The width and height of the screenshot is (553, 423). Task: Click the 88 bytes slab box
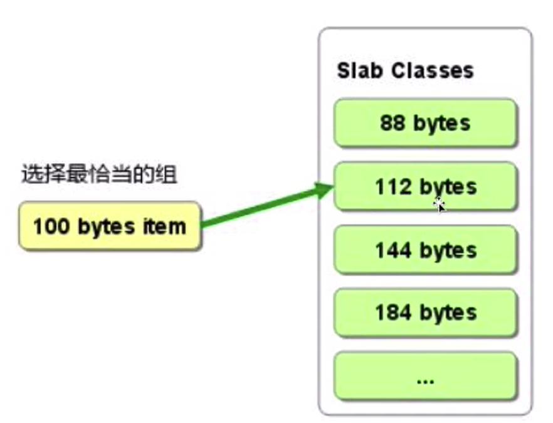point(425,123)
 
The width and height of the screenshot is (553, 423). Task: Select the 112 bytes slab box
point(425,186)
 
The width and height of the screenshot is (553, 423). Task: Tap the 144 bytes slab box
point(425,250)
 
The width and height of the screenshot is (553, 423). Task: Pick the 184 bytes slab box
point(425,312)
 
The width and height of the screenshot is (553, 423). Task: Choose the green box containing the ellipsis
point(425,377)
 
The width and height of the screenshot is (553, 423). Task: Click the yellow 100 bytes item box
point(109,226)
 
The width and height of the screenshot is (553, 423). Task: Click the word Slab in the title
point(359,70)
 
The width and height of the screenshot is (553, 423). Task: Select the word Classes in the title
point(433,70)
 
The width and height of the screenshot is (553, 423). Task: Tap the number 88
point(392,123)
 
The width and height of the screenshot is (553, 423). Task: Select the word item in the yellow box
point(167,226)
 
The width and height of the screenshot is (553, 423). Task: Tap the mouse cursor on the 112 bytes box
point(440,203)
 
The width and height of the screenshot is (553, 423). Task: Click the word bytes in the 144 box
point(448,250)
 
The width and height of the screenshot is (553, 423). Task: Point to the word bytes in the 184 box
point(448,313)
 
